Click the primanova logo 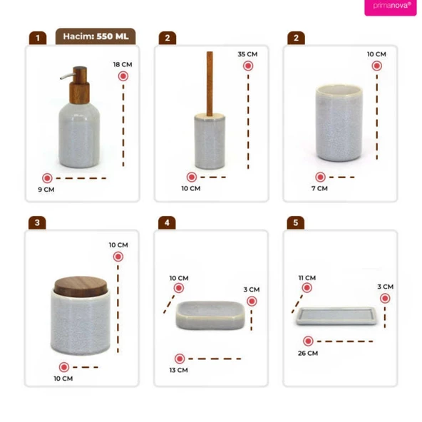[x=391, y=6]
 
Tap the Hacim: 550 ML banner [x=96, y=36]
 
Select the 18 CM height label [x=123, y=65]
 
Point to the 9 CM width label [x=46, y=190]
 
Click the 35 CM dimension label [x=247, y=54]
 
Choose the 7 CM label [x=319, y=188]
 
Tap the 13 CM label [x=178, y=370]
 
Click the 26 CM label [x=308, y=353]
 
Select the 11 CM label [x=307, y=278]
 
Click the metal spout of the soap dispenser [x=66, y=76]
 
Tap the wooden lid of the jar [x=81, y=286]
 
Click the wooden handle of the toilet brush [x=210, y=83]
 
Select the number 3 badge [x=37, y=223]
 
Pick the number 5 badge [x=296, y=223]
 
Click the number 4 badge [x=167, y=223]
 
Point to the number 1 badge [x=38, y=38]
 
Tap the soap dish [x=210, y=315]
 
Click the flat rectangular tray [x=336, y=316]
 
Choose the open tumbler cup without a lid [x=339, y=123]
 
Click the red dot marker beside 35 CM [x=248, y=66]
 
